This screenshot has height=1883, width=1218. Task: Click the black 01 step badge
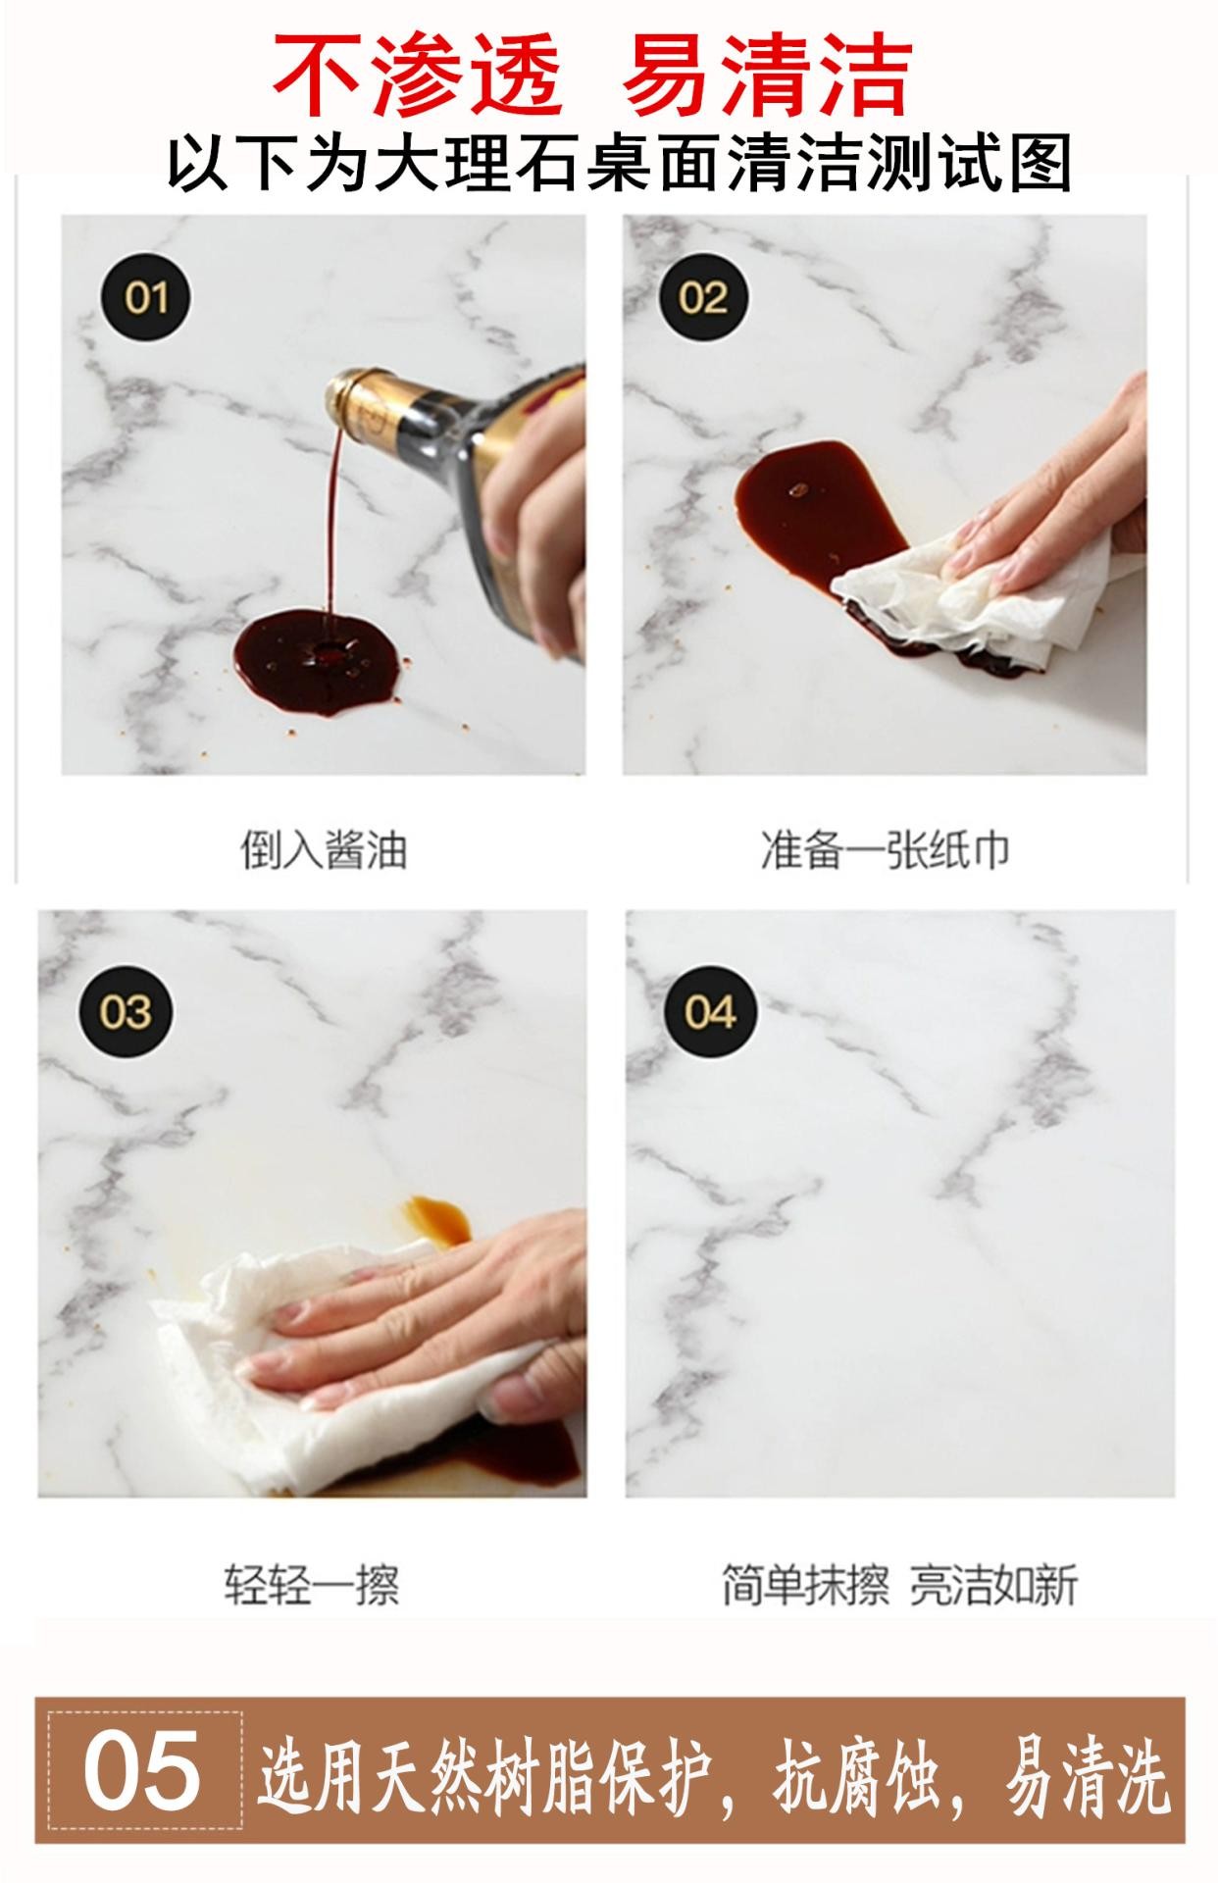coord(147,296)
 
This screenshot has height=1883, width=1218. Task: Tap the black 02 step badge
coord(702,296)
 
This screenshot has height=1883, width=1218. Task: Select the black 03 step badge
coord(126,1011)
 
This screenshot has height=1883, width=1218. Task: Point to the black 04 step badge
coord(710,1011)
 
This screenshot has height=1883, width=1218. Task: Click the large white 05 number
coord(142,1772)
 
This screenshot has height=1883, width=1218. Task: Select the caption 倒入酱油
coord(324,849)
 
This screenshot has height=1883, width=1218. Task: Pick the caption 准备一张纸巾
coord(885,849)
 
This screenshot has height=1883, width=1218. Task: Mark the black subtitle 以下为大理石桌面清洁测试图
coord(619,163)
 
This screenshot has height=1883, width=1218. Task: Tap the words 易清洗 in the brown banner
coord(1088,1774)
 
